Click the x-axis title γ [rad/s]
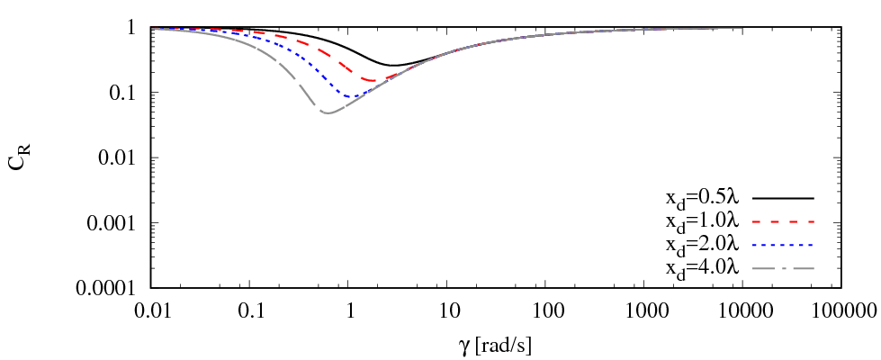pos(497,343)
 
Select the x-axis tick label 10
pos(448,310)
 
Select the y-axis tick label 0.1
pos(125,93)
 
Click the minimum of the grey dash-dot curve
pos(328,112)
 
